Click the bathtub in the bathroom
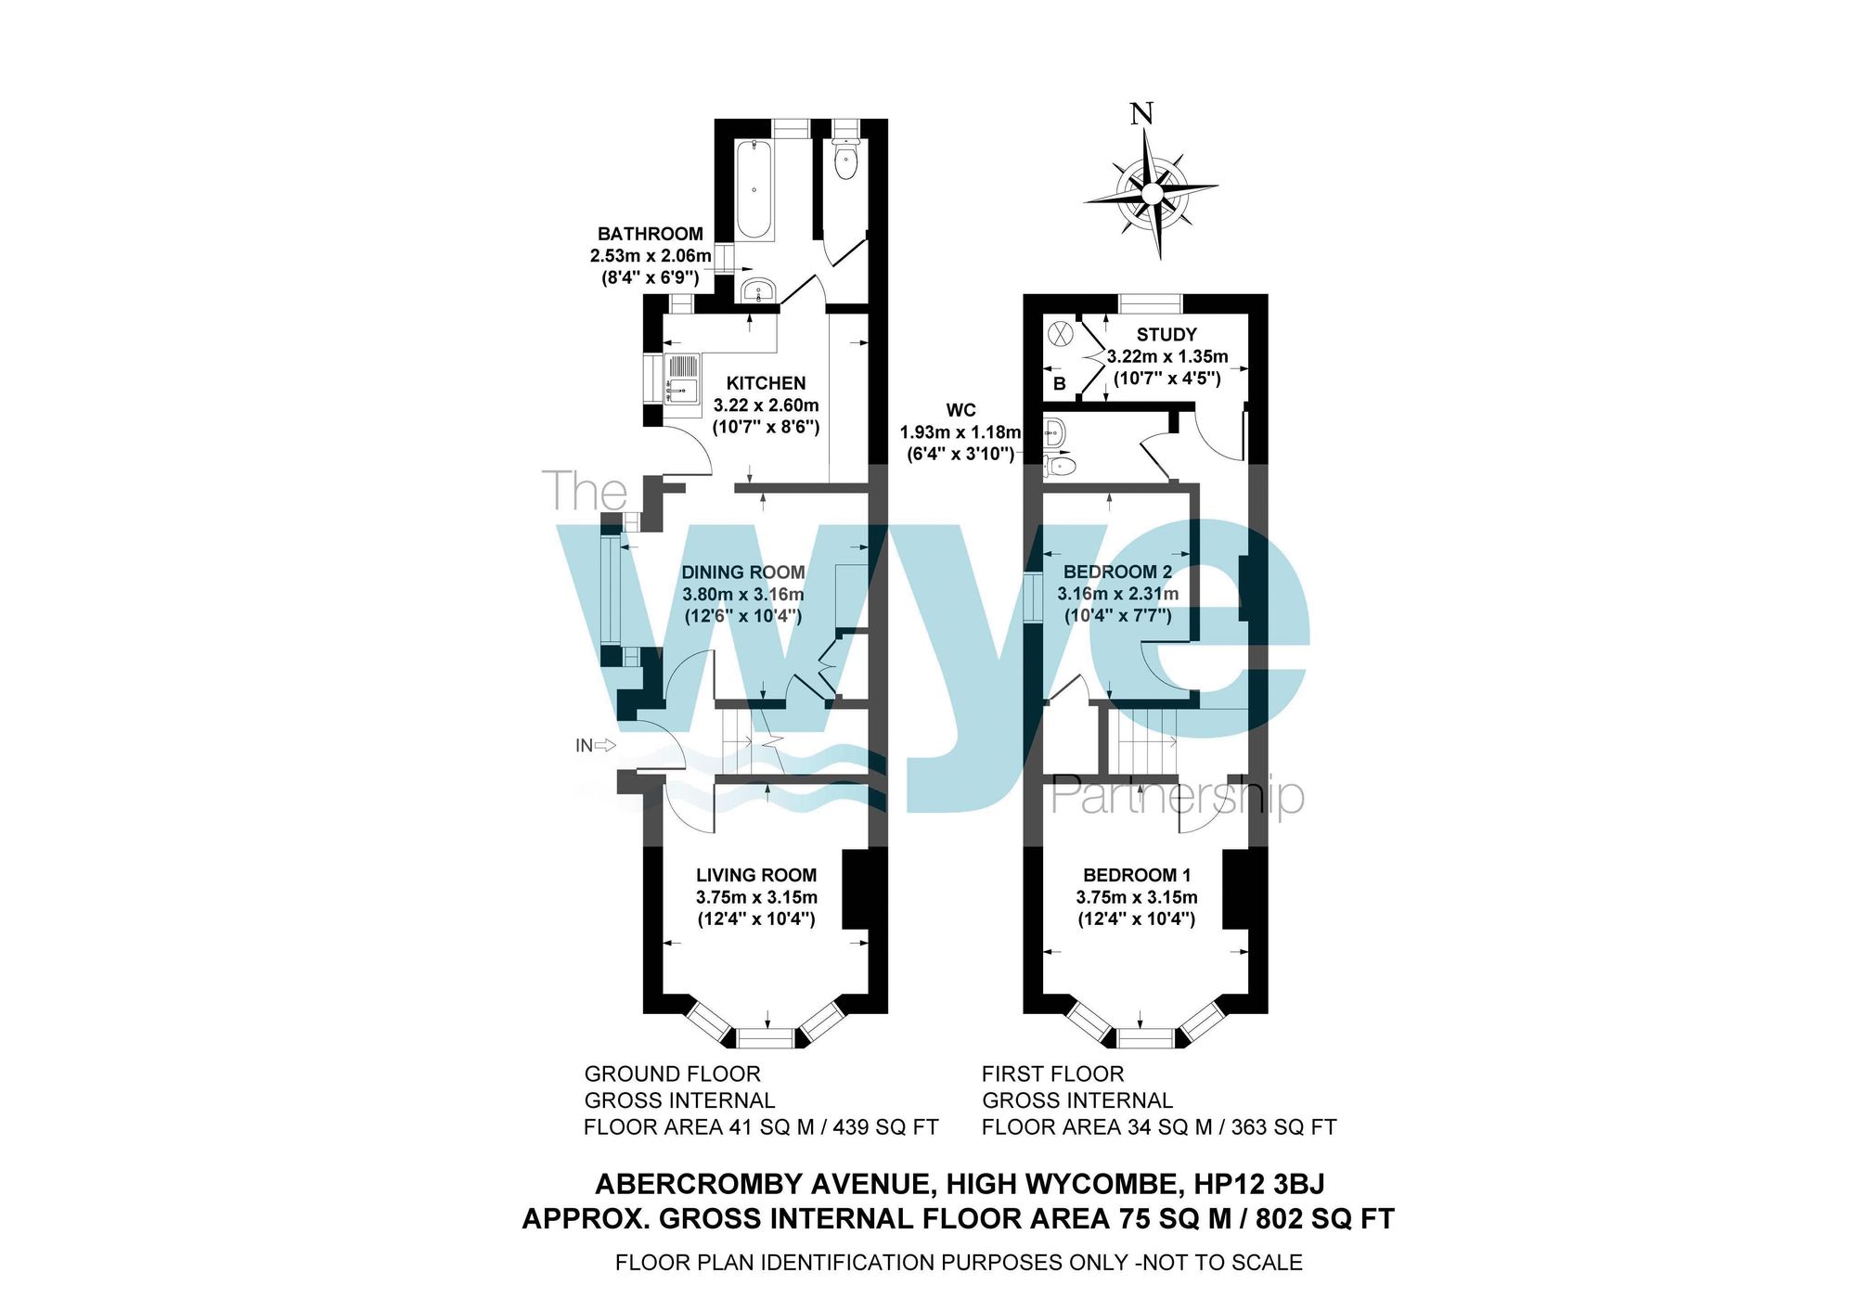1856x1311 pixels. point(753,190)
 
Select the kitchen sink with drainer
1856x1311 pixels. point(683,379)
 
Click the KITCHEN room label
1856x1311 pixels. point(766,383)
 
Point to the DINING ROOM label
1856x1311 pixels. point(743,572)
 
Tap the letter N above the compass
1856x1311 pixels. point(1141,114)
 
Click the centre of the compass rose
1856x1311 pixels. point(1151,193)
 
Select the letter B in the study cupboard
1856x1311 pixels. point(1060,383)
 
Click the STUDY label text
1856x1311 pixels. point(1166,335)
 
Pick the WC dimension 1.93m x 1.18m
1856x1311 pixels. point(960,432)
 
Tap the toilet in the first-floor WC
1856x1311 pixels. point(1060,465)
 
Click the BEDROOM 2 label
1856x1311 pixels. point(1117,572)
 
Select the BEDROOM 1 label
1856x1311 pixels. point(1137,875)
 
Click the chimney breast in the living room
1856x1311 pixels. point(857,889)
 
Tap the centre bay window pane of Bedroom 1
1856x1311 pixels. point(1145,1037)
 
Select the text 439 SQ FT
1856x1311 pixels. point(886,1127)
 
